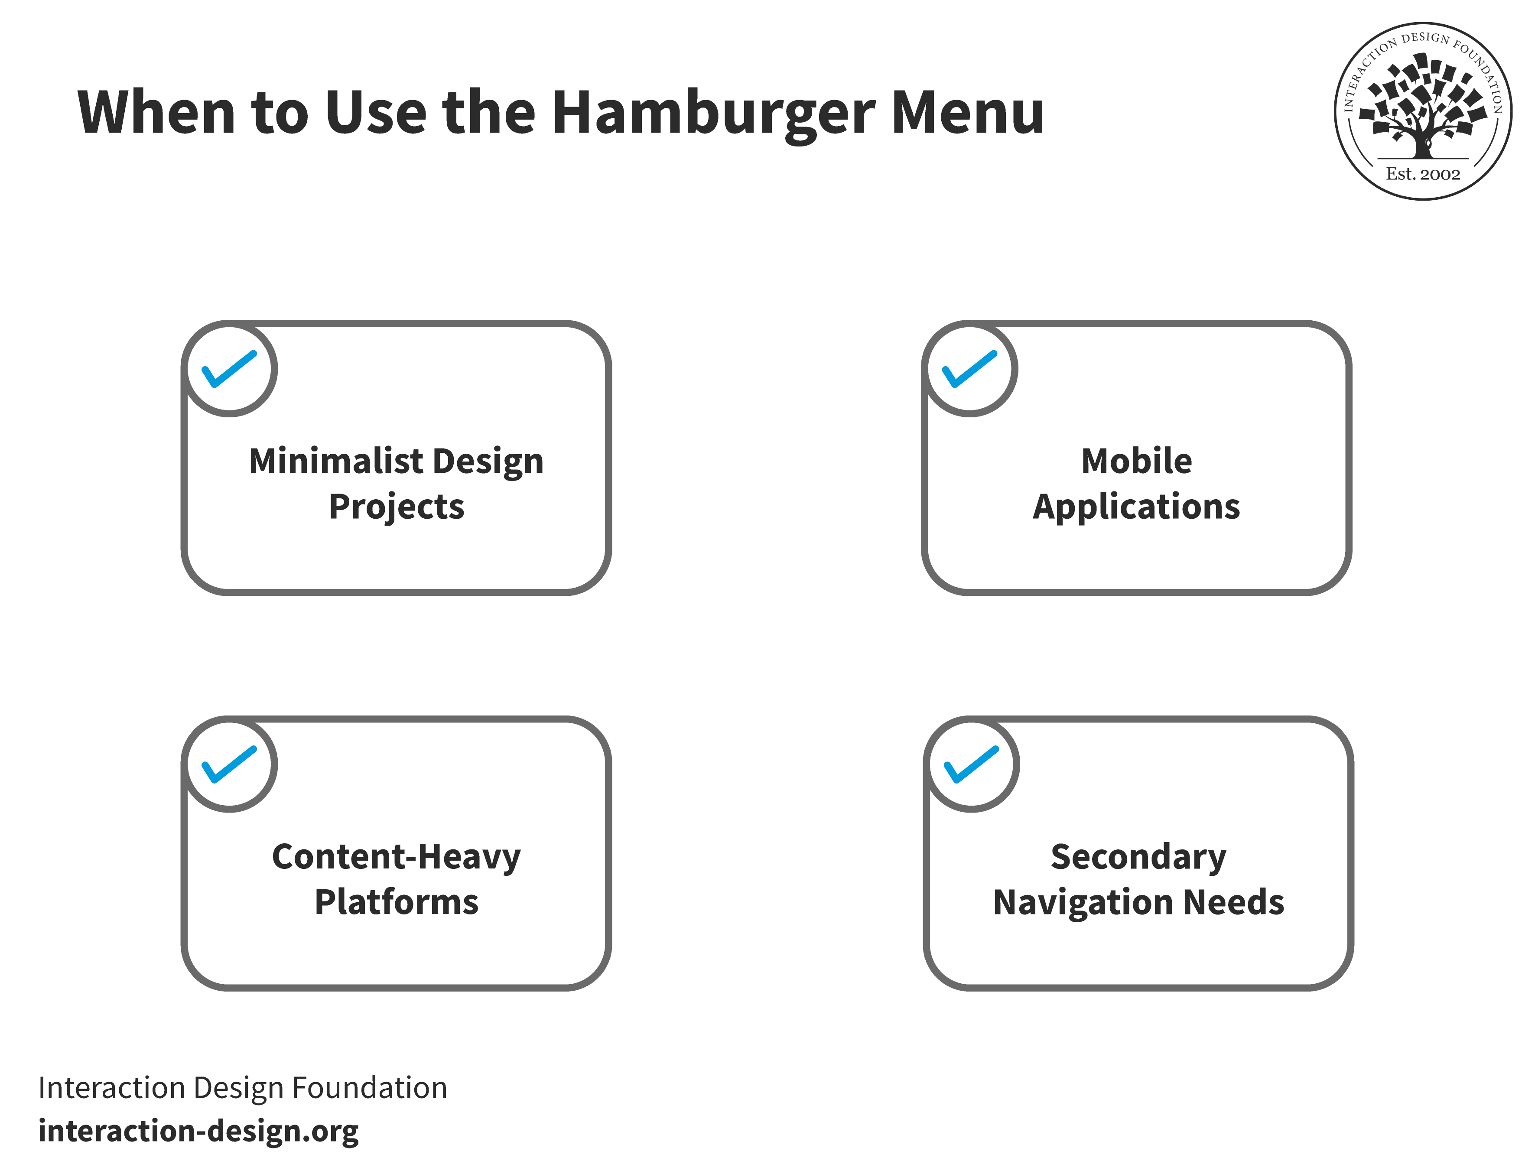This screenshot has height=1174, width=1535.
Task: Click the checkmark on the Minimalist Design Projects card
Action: point(229,369)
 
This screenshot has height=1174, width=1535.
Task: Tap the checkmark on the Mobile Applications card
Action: point(970,369)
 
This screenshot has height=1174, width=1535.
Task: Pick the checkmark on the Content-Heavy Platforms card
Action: point(229,764)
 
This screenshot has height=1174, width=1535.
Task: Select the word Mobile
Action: point(1137,461)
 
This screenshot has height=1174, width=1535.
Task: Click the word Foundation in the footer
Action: point(370,1089)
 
